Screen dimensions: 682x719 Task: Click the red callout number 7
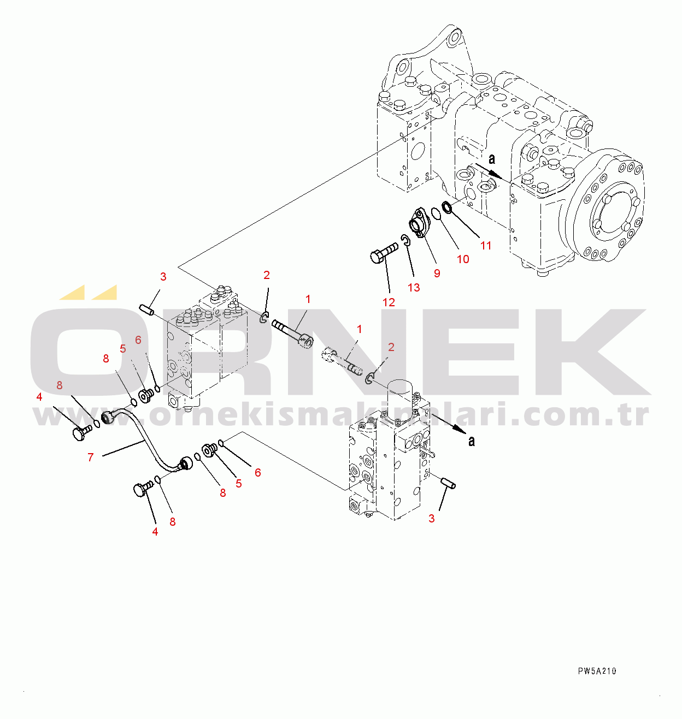click(x=90, y=457)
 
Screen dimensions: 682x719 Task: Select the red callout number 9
click(x=437, y=273)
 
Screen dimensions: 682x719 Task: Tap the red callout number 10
click(x=463, y=259)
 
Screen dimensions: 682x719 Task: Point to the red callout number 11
click(x=486, y=245)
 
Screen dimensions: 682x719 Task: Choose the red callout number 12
click(x=389, y=302)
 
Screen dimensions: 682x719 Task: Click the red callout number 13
click(x=414, y=288)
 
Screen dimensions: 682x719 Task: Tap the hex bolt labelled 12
click(x=384, y=253)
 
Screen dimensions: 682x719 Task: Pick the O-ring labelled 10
click(x=436, y=214)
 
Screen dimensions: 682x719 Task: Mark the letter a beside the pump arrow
click(x=492, y=159)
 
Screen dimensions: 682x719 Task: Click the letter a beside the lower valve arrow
click(x=472, y=442)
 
